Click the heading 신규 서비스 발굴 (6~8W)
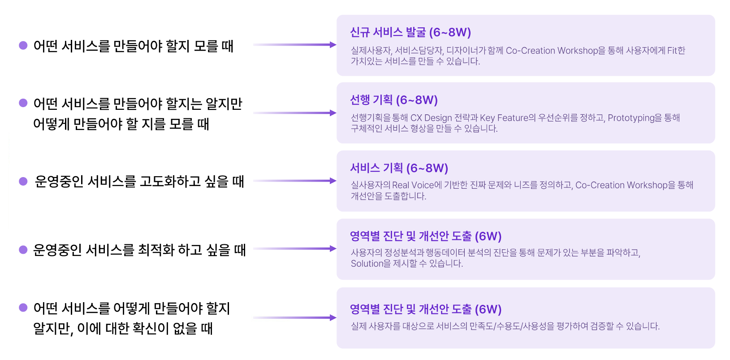(x=410, y=32)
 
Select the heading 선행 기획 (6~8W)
(x=393, y=100)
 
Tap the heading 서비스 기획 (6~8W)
(x=399, y=168)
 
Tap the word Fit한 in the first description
(x=676, y=51)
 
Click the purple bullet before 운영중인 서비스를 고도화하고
(x=23, y=181)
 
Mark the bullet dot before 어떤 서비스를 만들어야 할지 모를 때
(x=23, y=45)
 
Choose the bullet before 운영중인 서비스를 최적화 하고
(x=23, y=250)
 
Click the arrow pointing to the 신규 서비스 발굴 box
(x=294, y=45)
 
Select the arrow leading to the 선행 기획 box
(x=294, y=113)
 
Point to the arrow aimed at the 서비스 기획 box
(x=294, y=181)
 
